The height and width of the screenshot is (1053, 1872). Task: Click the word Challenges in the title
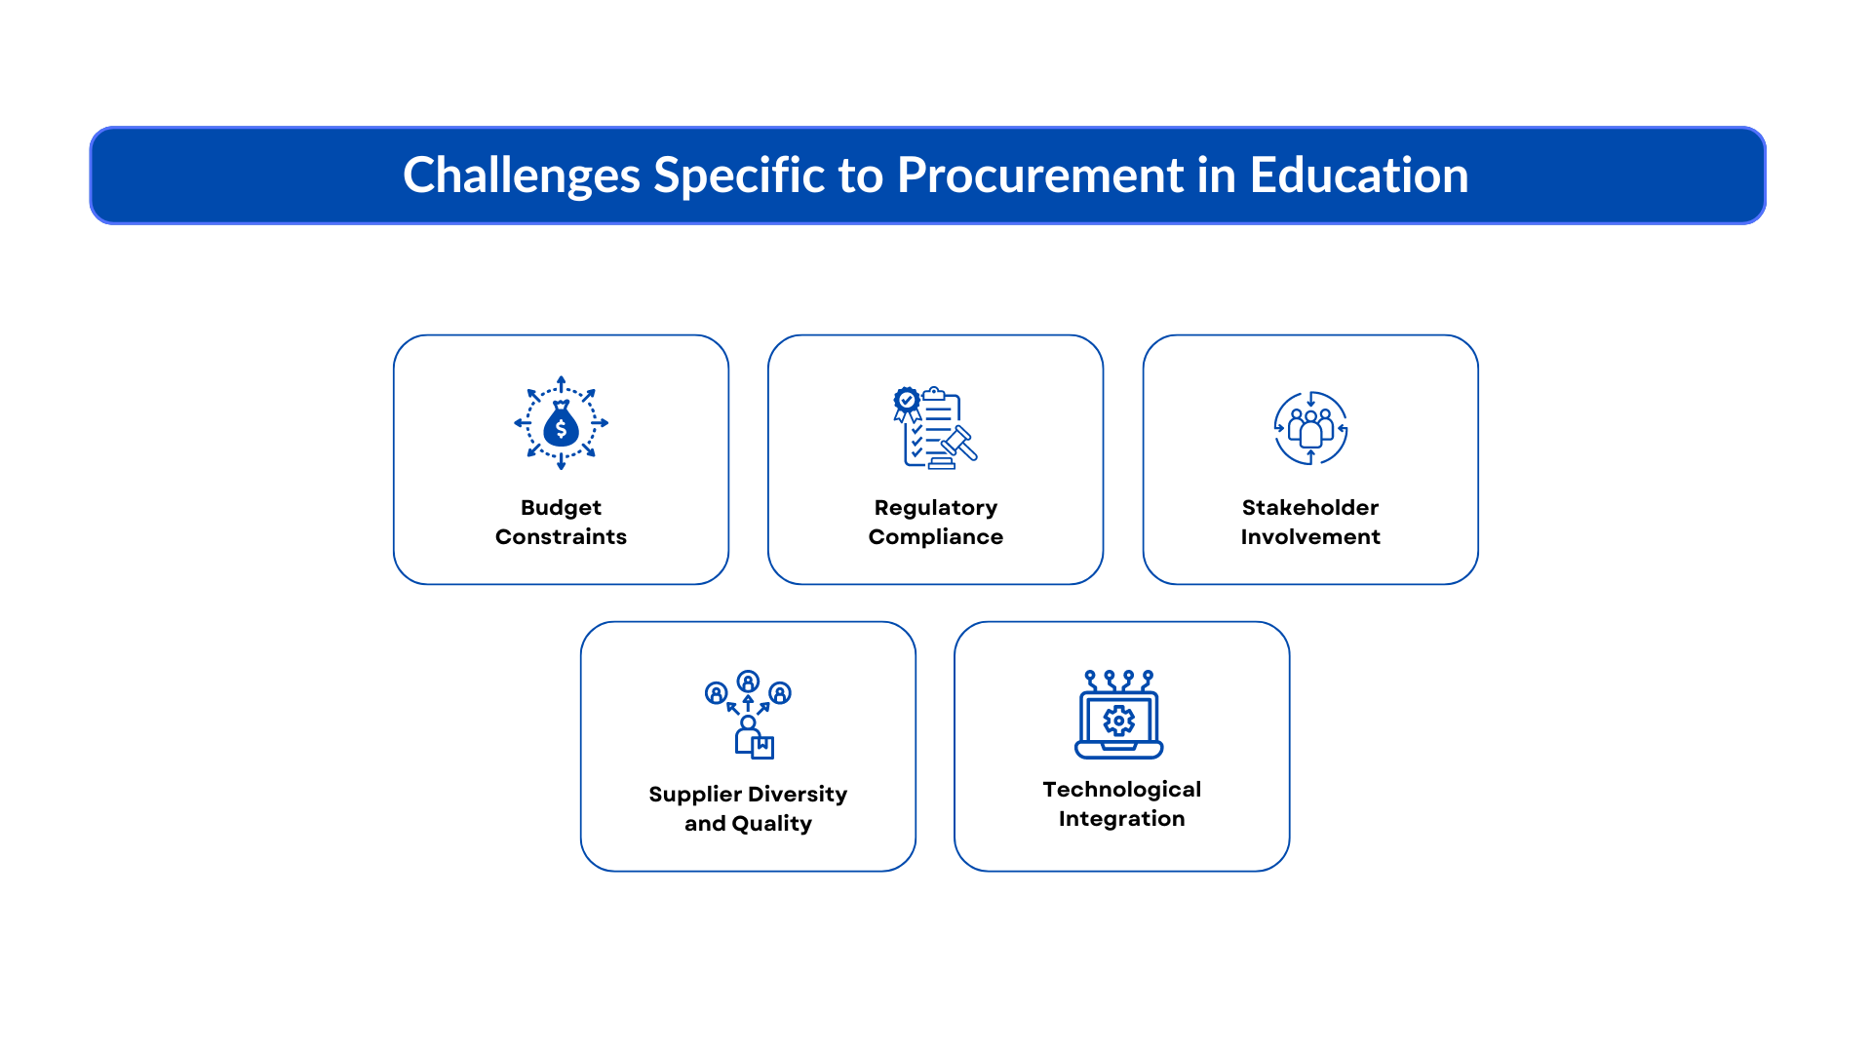[521, 175]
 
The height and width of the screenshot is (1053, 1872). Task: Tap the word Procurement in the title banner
[1039, 175]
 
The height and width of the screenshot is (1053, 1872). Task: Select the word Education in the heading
[1358, 175]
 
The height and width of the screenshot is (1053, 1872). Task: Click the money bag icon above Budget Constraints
[561, 423]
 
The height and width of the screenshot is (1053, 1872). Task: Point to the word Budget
[561, 508]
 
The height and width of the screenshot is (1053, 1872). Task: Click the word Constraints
[561, 537]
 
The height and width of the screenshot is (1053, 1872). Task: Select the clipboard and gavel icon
[935, 428]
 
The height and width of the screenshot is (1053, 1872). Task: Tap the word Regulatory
[935, 508]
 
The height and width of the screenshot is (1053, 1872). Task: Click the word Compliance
[935, 537]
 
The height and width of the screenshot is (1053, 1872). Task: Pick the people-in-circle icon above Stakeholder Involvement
[1310, 428]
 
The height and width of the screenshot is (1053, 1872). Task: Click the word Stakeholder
[1309, 508]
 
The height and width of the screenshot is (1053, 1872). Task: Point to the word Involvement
[1309, 537]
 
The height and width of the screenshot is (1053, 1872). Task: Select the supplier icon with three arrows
[748, 715]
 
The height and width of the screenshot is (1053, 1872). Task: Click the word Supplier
[694, 795]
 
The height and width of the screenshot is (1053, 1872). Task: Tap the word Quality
[772, 824]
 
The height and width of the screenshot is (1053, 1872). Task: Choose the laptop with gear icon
[1119, 715]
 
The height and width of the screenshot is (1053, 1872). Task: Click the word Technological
[1121, 790]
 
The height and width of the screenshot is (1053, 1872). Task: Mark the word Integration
[1121, 819]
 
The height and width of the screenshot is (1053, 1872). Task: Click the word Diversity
[798, 795]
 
